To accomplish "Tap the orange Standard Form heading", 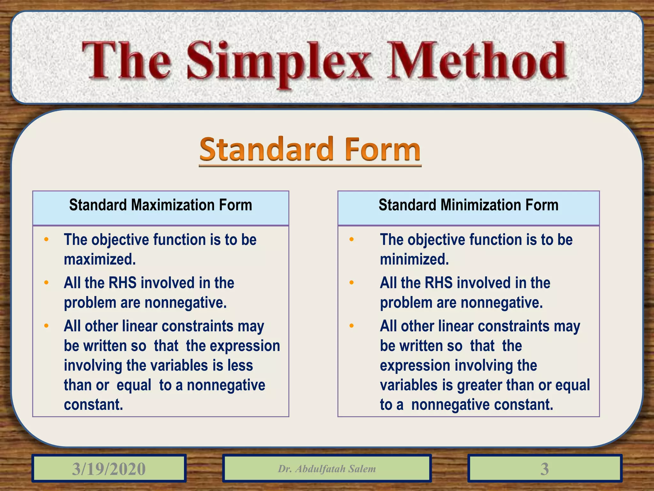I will coord(310,150).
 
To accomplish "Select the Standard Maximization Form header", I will coord(161,205).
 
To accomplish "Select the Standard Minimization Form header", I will coord(468,205).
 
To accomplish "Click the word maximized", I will coord(100,259).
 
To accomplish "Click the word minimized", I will coord(414,259).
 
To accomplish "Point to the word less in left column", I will coord(240,365).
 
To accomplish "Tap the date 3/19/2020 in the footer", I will coord(109,469).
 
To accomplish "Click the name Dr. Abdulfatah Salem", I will coord(327,469).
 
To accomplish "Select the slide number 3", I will coord(544,469).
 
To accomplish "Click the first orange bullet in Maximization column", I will coord(46,239).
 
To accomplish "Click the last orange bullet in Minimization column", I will coord(352,326).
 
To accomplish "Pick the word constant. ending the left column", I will coord(93,405).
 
